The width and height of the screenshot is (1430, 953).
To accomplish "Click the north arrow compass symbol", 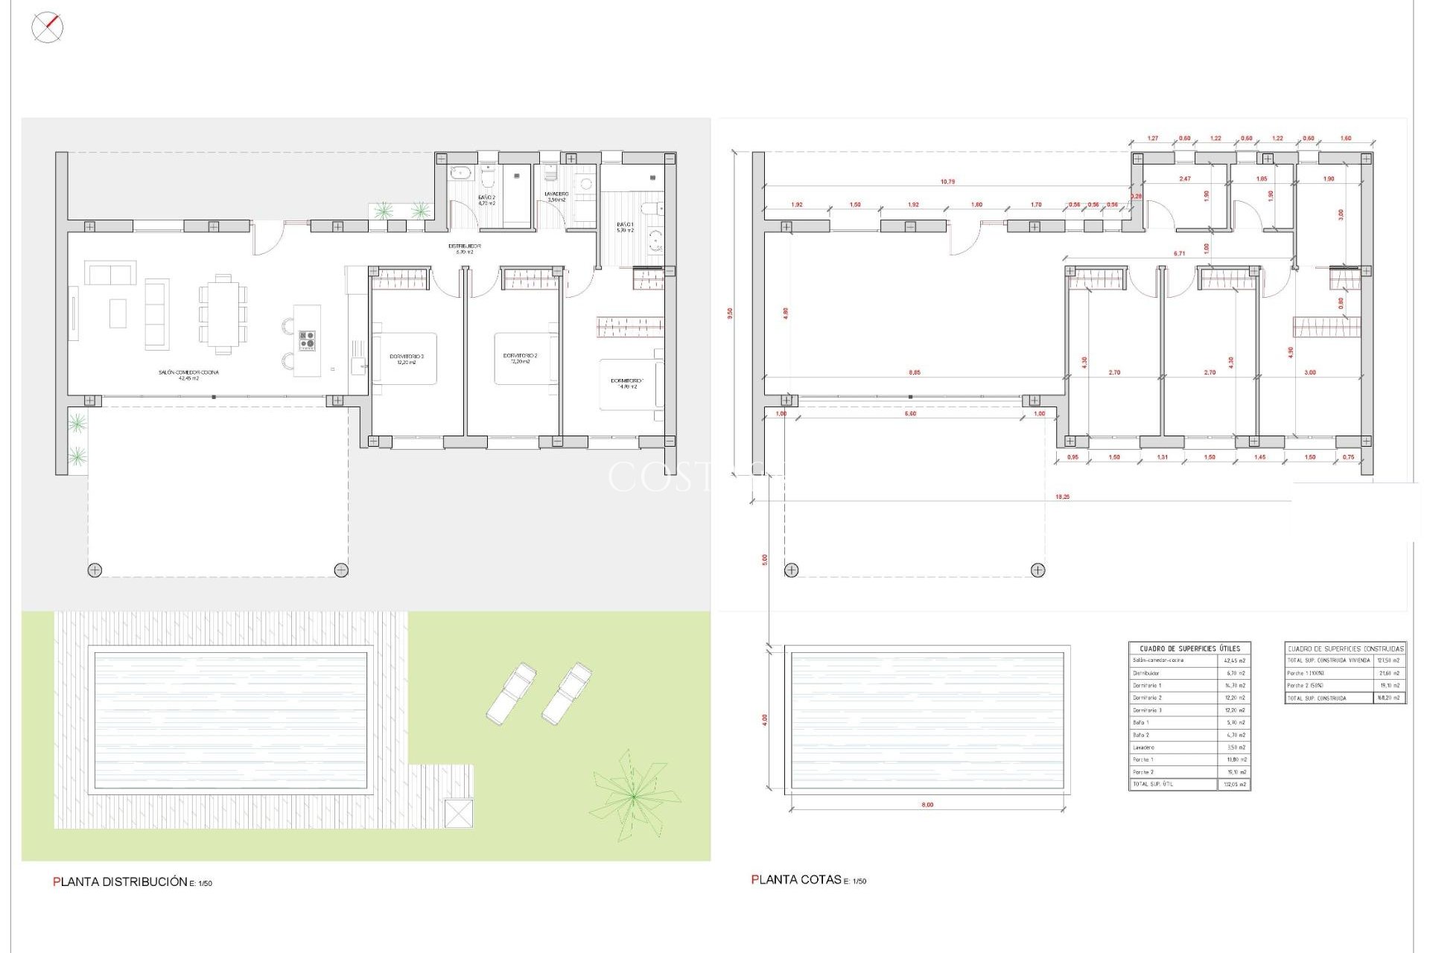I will tap(47, 28).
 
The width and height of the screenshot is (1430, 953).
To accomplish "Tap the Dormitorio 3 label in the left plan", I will tap(407, 357).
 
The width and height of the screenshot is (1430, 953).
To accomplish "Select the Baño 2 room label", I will tap(486, 198).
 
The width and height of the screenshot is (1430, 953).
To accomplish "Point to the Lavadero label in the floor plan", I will tap(556, 194).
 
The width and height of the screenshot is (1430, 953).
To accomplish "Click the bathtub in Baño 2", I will tap(460, 173).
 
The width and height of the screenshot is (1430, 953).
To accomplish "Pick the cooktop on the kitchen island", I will tap(307, 340).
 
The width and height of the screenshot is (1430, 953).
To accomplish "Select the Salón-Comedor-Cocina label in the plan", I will tap(188, 373).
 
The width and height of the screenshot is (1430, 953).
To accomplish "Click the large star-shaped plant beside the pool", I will tap(633, 795).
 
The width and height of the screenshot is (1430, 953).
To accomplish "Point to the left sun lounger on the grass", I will tap(511, 693).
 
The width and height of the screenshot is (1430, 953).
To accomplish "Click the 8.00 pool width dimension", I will tap(927, 805).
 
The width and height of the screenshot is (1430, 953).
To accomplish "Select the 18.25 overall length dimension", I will tap(1062, 497).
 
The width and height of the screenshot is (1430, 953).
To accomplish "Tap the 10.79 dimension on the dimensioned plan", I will tap(947, 182).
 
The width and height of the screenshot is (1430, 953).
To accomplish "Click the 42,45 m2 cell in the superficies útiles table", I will tap(1234, 660).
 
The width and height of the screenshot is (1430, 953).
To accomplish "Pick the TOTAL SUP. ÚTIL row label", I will tap(1154, 784).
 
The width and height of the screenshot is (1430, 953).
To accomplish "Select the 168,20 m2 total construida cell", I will tap(1389, 698).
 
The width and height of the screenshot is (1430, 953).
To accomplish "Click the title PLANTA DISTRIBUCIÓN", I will tap(120, 882).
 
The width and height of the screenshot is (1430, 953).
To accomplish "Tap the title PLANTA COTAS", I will tap(796, 879).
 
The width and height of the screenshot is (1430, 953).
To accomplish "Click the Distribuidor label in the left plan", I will tap(464, 246).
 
